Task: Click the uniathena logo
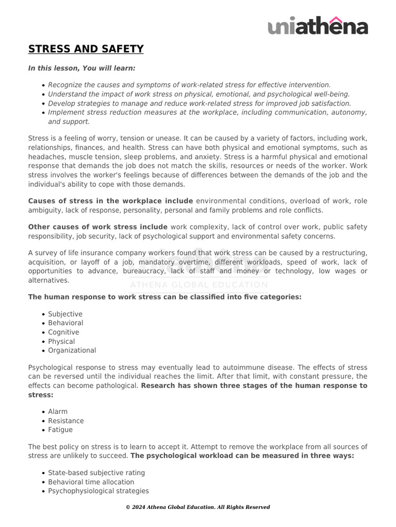318,26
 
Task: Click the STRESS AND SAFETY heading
86,49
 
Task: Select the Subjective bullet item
65,314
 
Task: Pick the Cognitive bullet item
63,332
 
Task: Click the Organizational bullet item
72,350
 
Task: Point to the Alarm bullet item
58,412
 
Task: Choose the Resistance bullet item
65,421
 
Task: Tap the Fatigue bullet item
60,430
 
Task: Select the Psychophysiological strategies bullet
98,491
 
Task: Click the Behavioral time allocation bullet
91,482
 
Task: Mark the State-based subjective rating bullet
96,473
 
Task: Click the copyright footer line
198,507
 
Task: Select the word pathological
117,386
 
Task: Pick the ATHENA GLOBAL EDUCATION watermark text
199,285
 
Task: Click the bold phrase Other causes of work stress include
97,227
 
